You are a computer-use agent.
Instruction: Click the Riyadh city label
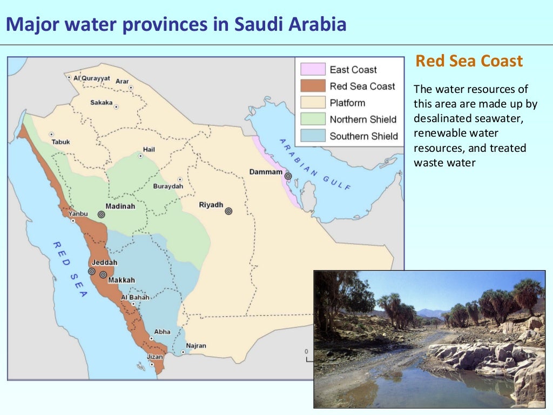coord(211,205)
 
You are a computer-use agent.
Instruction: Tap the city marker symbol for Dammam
coord(288,176)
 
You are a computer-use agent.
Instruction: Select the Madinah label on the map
coord(120,206)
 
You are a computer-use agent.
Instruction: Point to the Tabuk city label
coord(61,142)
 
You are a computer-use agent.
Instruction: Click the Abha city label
coord(162,332)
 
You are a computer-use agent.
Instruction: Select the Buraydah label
coord(168,186)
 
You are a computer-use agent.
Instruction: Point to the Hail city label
coord(149,150)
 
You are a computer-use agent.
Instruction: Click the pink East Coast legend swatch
coord(313,69)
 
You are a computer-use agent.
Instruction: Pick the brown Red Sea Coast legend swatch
coord(313,86)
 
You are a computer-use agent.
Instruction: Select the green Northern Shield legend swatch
coord(313,119)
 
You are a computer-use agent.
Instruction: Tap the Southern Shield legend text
coord(363,136)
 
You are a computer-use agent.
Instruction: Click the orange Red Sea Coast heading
coord(469,61)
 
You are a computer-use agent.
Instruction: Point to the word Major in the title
coord(31,24)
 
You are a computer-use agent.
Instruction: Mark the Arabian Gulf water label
coord(315,164)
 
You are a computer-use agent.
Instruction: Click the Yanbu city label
coord(78,213)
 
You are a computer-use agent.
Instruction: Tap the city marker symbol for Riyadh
coord(228,211)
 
